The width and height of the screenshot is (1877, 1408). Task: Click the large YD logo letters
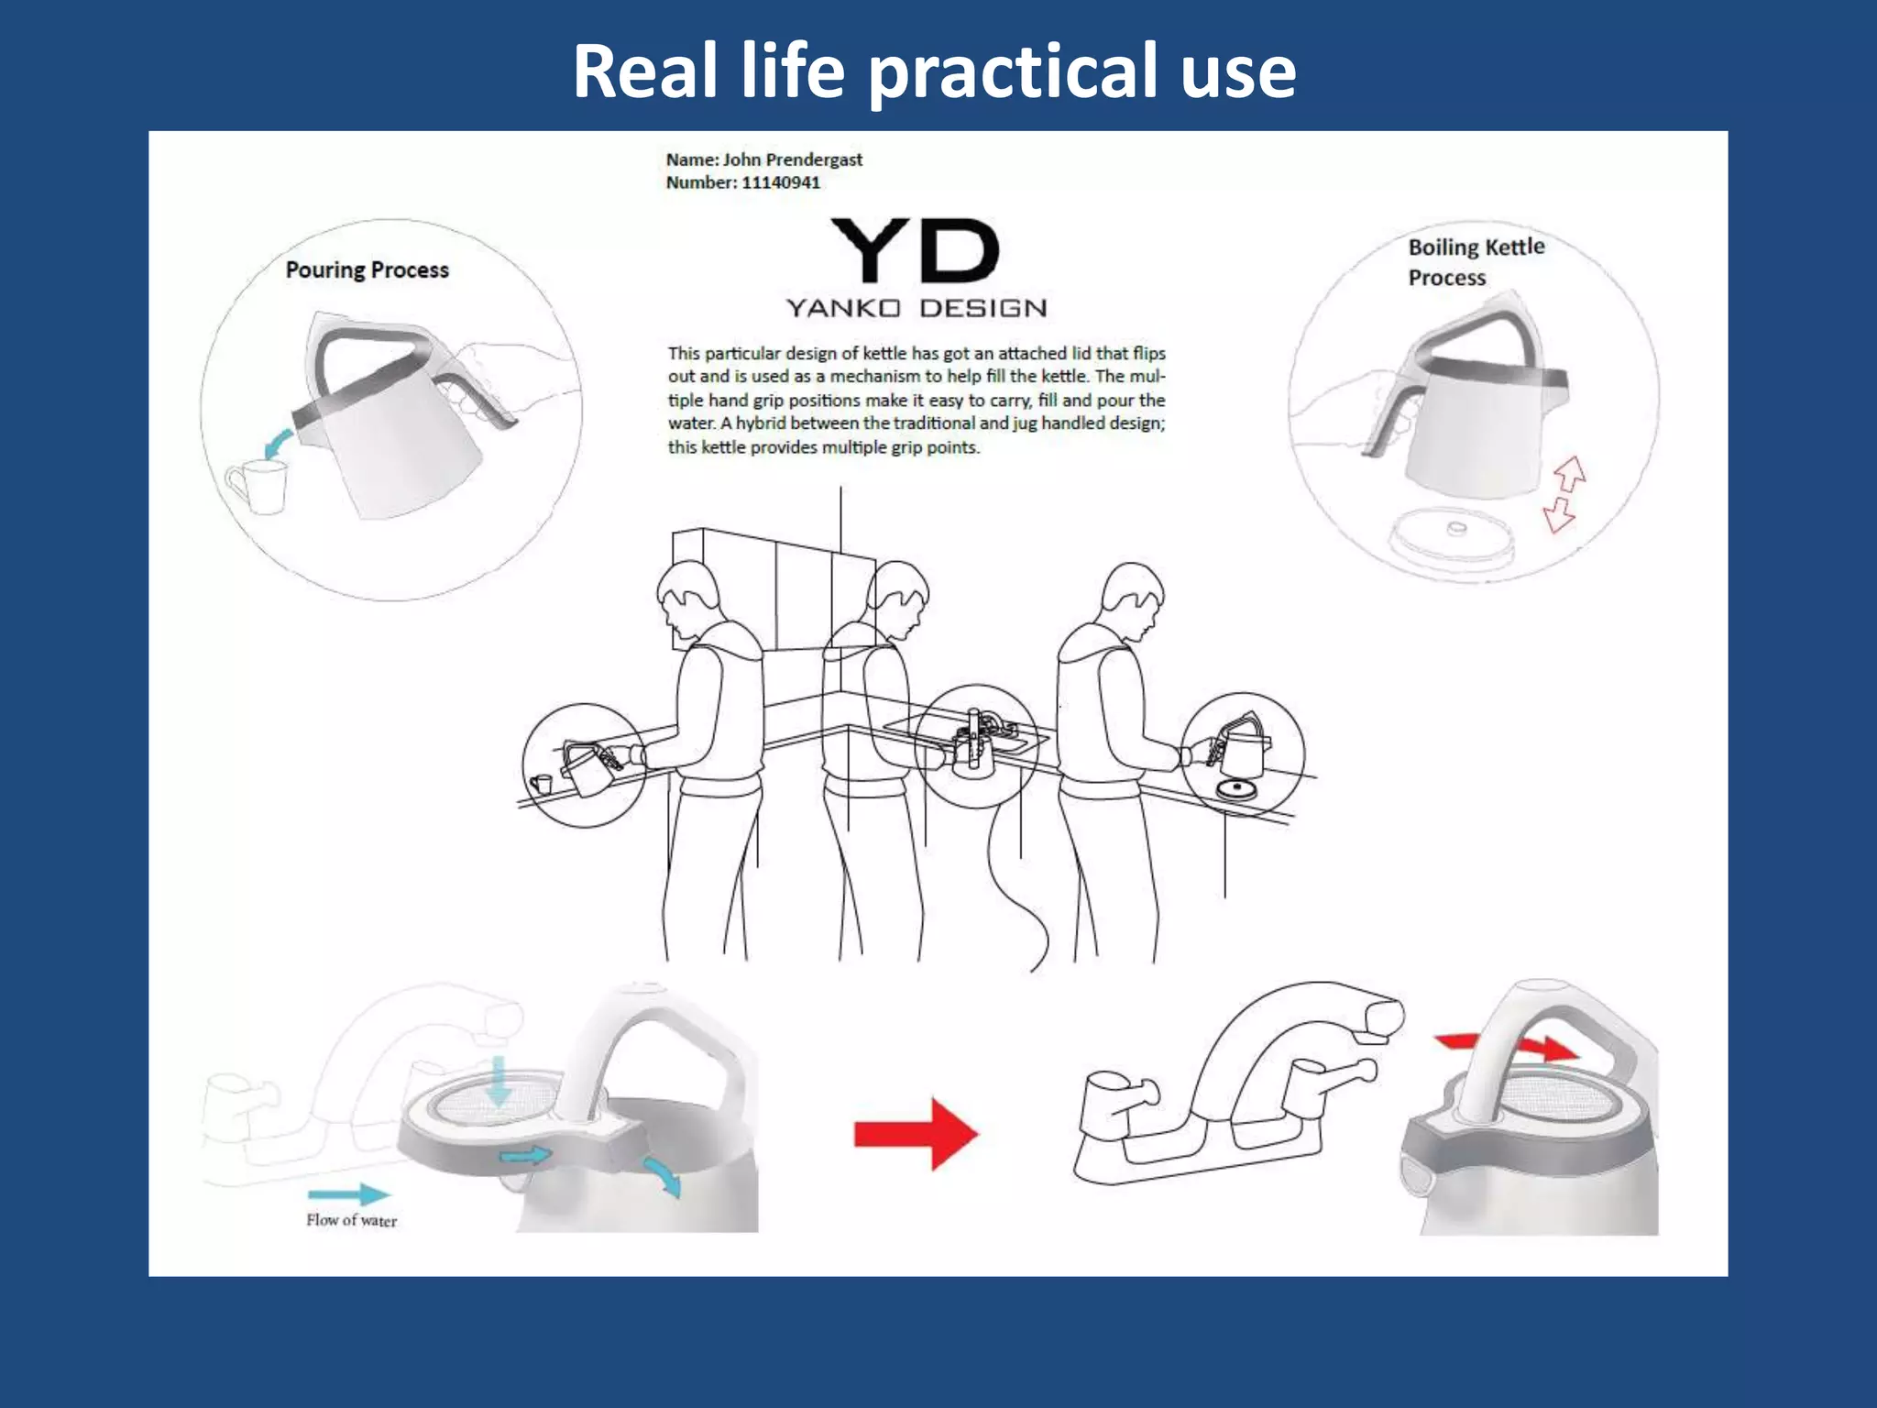tap(915, 250)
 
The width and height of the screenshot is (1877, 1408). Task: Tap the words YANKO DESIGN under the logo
tap(917, 308)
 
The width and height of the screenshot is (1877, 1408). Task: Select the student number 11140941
tap(781, 182)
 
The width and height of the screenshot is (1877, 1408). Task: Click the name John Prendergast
tap(793, 159)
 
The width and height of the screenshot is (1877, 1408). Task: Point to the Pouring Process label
tap(368, 270)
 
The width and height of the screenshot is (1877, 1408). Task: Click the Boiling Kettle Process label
tap(1476, 262)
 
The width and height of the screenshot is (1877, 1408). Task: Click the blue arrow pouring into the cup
tap(279, 445)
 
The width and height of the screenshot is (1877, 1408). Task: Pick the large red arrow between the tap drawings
tap(916, 1134)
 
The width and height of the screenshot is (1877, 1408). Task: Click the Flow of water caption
tap(352, 1220)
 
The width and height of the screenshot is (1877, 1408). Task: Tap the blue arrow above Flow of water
tap(348, 1193)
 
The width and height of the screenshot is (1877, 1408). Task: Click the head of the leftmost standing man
tap(688, 597)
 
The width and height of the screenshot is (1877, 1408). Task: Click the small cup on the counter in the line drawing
tap(542, 784)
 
